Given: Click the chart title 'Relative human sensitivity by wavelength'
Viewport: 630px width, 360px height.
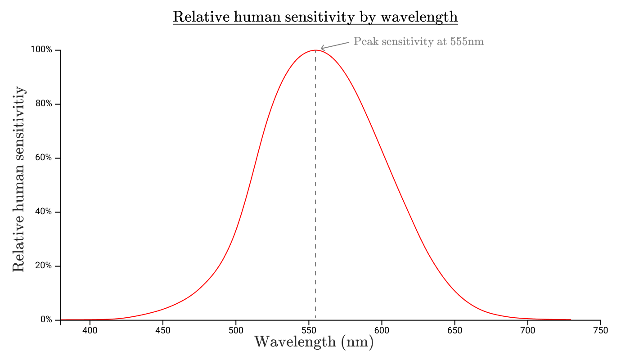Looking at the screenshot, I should point(315,17).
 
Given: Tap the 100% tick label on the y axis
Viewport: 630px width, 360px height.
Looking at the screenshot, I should point(41,49).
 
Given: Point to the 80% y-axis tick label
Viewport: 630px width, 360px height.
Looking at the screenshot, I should point(44,104).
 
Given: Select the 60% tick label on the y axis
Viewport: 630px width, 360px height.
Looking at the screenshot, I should point(44,158).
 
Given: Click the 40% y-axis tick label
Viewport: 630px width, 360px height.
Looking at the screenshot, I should point(44,212).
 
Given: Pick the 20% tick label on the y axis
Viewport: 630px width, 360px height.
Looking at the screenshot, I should point(44,266).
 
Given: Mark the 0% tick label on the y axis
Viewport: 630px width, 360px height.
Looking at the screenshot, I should point(46,319).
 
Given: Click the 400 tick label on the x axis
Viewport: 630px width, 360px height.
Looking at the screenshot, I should point(90,331).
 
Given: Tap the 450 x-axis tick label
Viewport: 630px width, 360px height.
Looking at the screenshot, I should point(163,331).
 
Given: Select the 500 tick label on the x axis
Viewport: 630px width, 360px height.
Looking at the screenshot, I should point(236,331).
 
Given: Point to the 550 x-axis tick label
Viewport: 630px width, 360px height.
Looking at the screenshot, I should point(309,331).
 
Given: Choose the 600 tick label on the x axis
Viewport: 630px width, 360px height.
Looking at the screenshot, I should point(382,331).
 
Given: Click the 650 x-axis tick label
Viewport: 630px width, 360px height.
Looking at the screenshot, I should point(454,331).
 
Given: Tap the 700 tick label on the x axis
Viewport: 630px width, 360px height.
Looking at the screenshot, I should point(527,331).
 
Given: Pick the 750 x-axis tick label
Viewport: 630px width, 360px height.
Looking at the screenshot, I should point(600,331).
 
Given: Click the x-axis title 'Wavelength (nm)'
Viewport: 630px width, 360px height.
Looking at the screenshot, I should point(314,342).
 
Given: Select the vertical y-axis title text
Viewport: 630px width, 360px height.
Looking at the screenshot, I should point(18,179).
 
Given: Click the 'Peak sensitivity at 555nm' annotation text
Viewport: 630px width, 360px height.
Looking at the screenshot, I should point(418,42).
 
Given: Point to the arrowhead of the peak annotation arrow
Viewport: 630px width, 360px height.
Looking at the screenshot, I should point(321,48).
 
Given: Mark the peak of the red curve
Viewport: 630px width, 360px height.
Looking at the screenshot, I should point(315,50).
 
